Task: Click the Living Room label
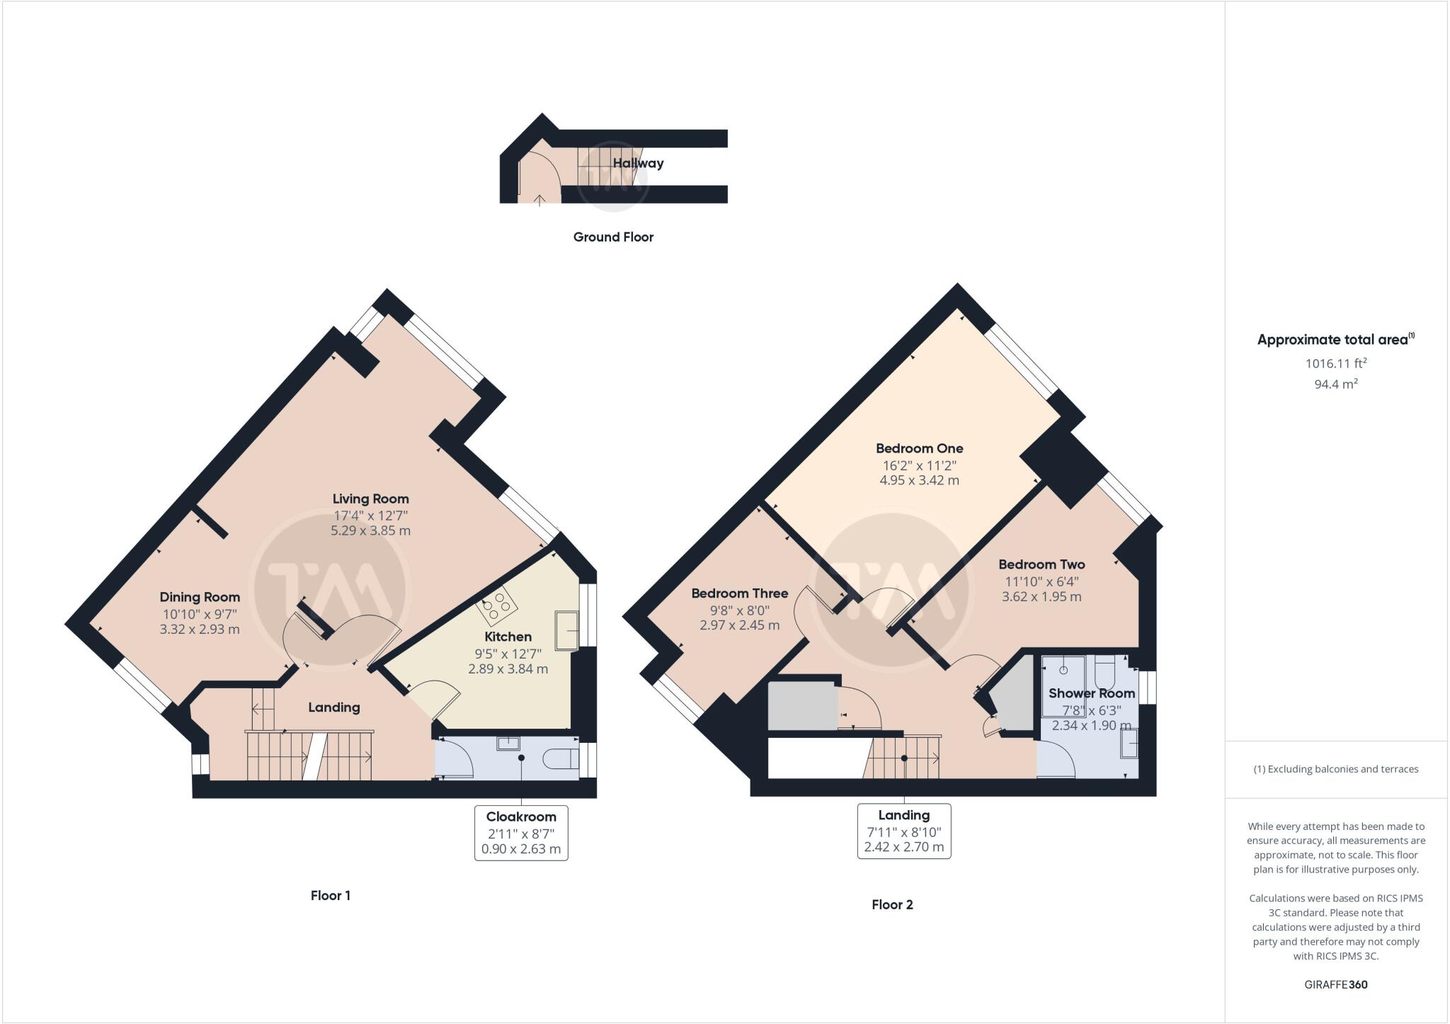pyautogui.click(x=370, y=499)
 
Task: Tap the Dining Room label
pyautogui.click(x=200, y=597)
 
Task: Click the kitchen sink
pyautogui.click(x=566, y=630)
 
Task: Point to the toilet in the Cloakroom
pyautogui.click(x=559, y=759)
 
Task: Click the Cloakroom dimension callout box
pyautogui.click(x=521, y=833)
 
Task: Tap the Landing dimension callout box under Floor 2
pyautogui.click(x=903, y=831)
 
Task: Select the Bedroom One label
pyautogui.click(x=919, y=448)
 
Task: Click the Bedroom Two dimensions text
pyautogui.click(x=1041, y=589)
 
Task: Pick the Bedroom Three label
pyautogui.click(x=739, y=593)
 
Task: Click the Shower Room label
pyautogui.click(x=1091, y=693)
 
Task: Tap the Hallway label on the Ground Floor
pyautogui.click(x=638, y=163)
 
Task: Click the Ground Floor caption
pyautogui.click(x=613, y=237)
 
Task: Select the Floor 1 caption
pyautogui.click(x=331, y=895)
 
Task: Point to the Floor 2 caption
pyautogui.click(x=892, y=904)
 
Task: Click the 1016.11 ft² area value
pyautogui.click(x=1335, y=363)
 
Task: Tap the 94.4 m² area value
pyautogui.click(x=1335, y=385)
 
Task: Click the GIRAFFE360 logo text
pyautogui.click(x=1335, y=984)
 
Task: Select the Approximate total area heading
pyautogui.click(x=1334, y=339)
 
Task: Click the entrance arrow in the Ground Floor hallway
pyautogui.click(x=540, y=199)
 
